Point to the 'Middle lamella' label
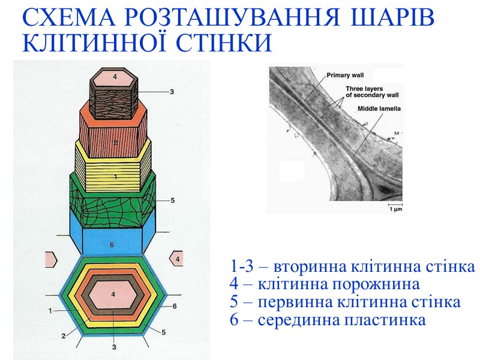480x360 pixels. tap(379, 109)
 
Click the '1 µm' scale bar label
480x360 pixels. tap(395, 209)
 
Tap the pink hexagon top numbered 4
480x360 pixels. tap(115, 77)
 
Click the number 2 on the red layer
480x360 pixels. tap(115, 142)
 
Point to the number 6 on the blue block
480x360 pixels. tap(112, 245)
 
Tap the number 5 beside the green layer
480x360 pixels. tap(172, 200)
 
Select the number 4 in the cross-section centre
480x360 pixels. tap(113, 294)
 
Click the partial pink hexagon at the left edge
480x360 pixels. tap(50, 259)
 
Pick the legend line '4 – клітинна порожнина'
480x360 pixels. tap(325, 283)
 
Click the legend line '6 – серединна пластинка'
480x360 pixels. tap(328, 319)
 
